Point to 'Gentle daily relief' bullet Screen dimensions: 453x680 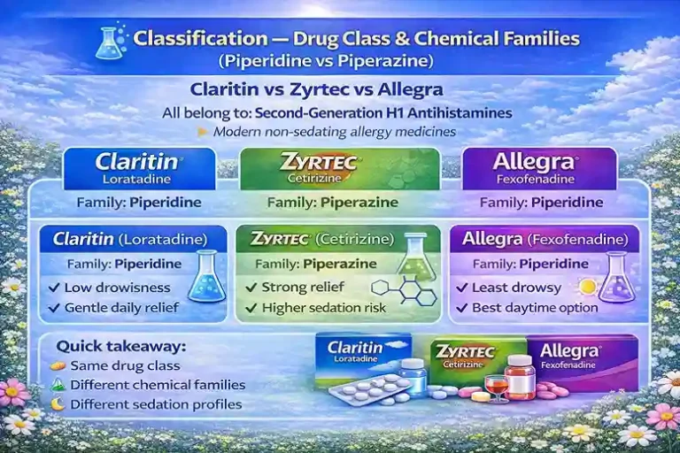pos(121,308)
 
